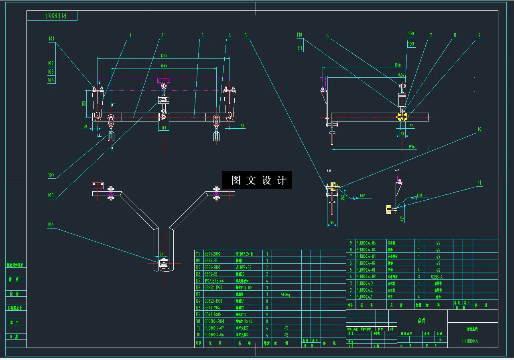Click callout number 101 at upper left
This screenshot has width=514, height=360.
(51, 39)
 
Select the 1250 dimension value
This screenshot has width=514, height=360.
(164, 56)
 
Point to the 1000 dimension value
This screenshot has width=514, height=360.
(164, 66)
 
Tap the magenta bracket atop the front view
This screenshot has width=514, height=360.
(164, 80)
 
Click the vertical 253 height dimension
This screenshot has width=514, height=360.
(83, 103)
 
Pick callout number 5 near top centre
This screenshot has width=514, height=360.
(246, 35)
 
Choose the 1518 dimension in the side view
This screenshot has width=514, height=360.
(398, 65)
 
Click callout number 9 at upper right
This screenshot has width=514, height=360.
(479, 35)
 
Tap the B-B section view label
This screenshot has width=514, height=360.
(329, 171)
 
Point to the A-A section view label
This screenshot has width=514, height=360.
(397, 170)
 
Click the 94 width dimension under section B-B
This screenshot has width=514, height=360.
(332, 222)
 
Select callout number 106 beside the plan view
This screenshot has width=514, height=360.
(51, 225)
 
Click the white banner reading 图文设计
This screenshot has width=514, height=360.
(257, 180)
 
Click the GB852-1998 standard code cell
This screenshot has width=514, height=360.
(214, 287)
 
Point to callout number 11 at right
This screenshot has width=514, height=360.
(479, 183)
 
